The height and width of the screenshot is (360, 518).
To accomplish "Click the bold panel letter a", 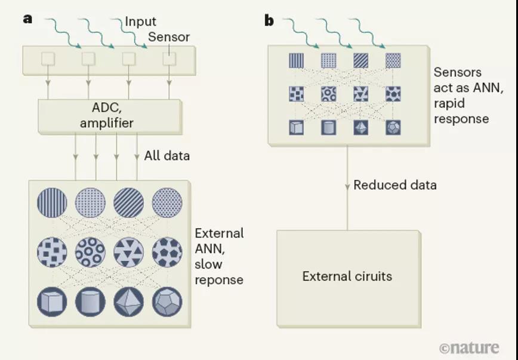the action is [27, 19].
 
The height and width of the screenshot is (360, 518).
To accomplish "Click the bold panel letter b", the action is [269, 20].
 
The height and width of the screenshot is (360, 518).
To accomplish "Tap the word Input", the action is [140, 22].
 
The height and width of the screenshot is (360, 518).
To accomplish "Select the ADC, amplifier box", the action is [110, 116].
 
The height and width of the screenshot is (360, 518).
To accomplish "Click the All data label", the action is [167, 156].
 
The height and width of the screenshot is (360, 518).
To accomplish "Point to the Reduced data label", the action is [395, 185].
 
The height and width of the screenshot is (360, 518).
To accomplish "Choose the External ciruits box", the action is [349, 278].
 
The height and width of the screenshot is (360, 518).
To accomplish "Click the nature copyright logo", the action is [469, 348].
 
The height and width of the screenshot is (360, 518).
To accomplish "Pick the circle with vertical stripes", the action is [52, 202].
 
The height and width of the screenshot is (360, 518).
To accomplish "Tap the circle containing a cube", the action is [52, 302].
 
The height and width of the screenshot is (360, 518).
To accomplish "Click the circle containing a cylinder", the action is [90, 302].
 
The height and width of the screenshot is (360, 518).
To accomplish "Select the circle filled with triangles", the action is [128, 252].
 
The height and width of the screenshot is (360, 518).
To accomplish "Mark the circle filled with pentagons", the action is [167, 252].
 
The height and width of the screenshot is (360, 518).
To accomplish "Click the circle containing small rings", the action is [90, 252].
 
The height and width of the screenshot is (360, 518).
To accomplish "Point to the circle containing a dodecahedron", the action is [167, 302].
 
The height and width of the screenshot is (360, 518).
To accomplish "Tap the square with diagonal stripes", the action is [360, 61].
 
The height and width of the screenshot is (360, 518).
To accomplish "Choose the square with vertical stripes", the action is [297, 61].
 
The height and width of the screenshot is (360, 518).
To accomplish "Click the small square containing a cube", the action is [297, 127].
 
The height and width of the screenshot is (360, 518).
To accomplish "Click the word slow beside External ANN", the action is [208, 264].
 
